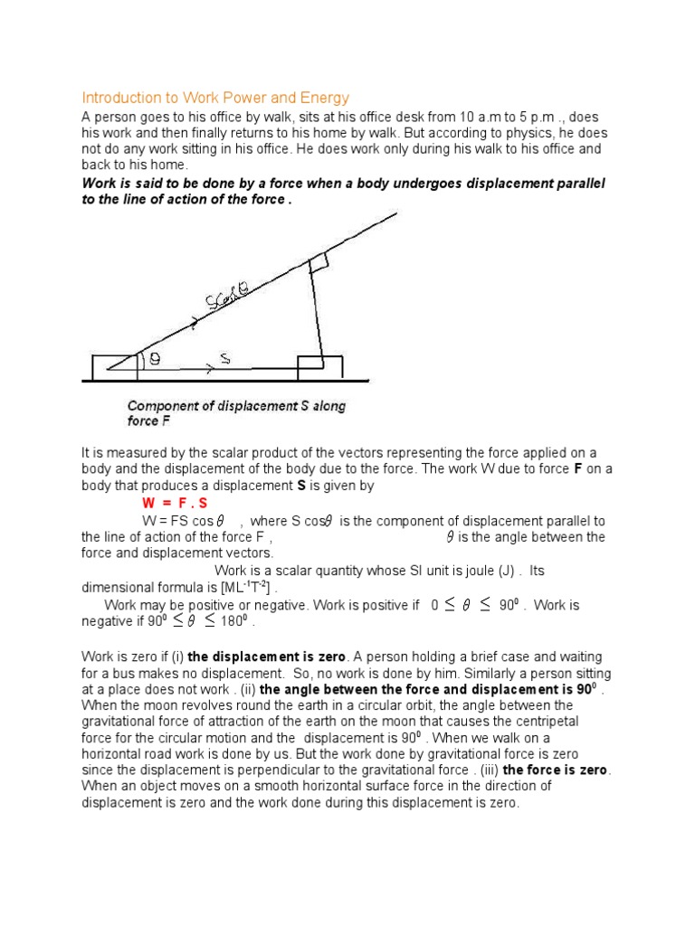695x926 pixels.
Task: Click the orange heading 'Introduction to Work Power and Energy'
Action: tap(215, 97)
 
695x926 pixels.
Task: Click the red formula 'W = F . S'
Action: tap(175, 503)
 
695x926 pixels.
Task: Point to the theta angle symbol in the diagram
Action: tap(155, 360)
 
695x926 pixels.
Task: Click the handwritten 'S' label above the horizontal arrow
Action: tap(224, 360)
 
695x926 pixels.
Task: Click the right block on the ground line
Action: tap(320, 367)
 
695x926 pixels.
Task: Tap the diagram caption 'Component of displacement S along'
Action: tap(236, 406)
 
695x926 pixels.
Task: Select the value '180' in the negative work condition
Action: tap(233, 622)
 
